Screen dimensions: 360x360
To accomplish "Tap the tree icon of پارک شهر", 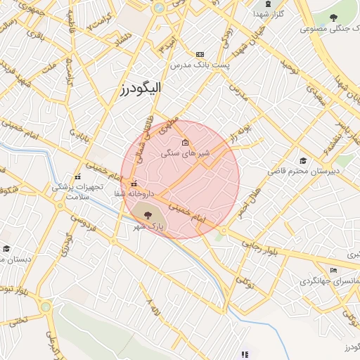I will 148,214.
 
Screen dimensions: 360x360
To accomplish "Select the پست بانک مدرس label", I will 200,65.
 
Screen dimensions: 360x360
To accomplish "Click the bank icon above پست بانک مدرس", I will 200,54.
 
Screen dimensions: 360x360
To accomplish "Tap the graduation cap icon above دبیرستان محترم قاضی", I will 303,160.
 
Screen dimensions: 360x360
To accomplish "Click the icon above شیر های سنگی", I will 185,143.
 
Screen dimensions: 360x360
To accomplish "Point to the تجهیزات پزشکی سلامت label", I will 77,192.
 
